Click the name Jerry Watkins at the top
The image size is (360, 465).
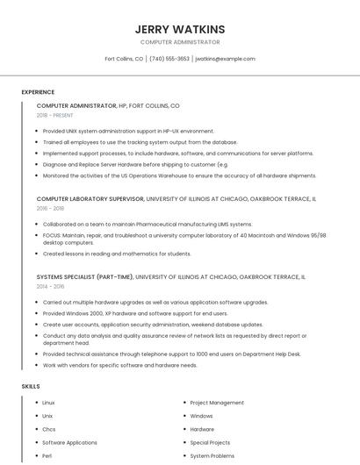pyautogui.click(x=180, y=29)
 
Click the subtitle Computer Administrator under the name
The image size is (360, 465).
pyautogui.click(x=180, y=42)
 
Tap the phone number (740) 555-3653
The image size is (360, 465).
pyautogui.click(x=169, y=59)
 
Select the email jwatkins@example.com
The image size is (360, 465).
pyautogui.click(x=225, y=59)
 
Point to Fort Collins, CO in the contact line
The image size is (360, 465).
pyautogui.click(x=124, y=59)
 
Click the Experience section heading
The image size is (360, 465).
pyautogui.click(x=38, y=92)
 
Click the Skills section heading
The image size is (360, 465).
pyautogui.click(x=30, y=386)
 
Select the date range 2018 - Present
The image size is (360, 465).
pyautogui.click(x=55, y=115)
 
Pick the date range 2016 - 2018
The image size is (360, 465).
pyautogui.click(x=50, y=209)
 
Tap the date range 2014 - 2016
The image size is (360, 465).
pyautogui.click(x=50, y=286)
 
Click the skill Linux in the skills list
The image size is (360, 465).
pyautogui.click(x=48, y=403)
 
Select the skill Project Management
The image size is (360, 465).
pyautogui.click(x=217, y=403)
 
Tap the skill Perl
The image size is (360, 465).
pyautogui.click(x=47, y=456)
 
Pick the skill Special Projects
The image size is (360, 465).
pyautogui.click(x=210, y=443)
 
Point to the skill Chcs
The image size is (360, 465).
pyautogui.click(x=49, y=430)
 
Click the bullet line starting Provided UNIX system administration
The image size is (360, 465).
pyautogui.click(x=128, y=131)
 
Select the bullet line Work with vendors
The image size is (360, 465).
pyautogui.click(x=119, y=365)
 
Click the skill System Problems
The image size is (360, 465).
pyautogui.click(x=212, y=456)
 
